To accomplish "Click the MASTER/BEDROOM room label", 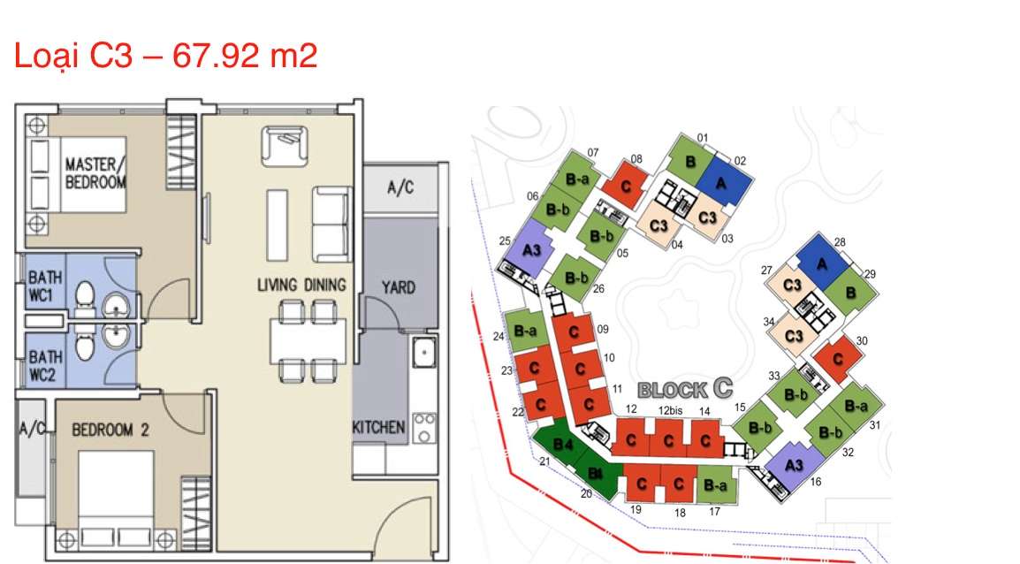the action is click(95, 173).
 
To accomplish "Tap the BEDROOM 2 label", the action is click(110, 430).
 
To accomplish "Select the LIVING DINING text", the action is click(301, 285).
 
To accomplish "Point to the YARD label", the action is click(398, 287).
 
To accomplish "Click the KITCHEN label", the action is click(378, 427).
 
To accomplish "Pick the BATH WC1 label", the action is click(46, 286).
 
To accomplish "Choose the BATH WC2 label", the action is click(46, 366).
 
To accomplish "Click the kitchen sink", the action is click(424, 352).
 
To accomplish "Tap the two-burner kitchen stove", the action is click(424, 428).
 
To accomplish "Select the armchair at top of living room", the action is click(285, 147).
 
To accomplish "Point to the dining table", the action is click(308, 341).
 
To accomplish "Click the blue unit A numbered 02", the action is click(722, 181).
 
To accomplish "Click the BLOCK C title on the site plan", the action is click(685, 389).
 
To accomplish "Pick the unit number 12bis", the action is click(670, 410).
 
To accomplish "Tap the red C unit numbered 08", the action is click(626, 186).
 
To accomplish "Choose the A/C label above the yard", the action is click(400, 187).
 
